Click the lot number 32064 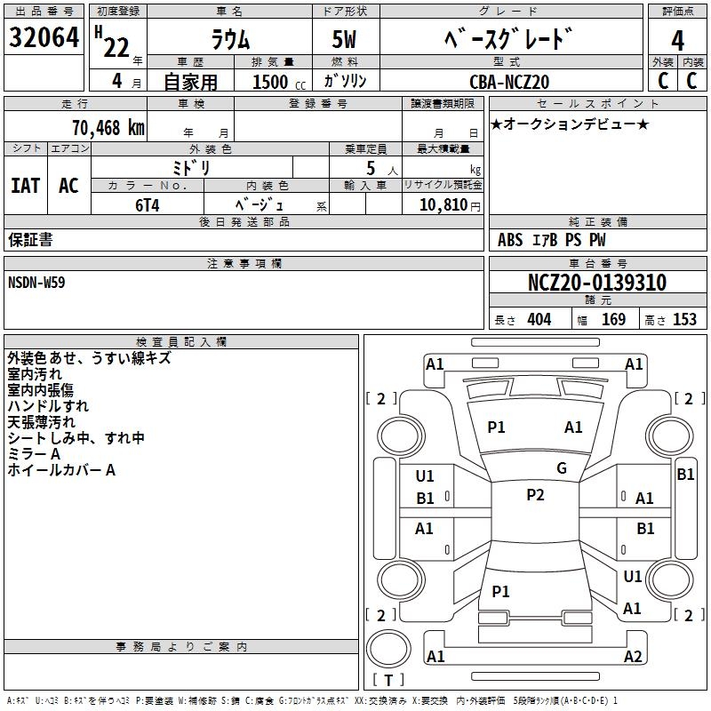44,38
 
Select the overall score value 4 677,40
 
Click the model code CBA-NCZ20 509,82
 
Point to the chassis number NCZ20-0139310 596,283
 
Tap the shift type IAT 26,186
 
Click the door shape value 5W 346,40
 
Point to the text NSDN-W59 36,282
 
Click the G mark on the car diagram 562,468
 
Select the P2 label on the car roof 535,495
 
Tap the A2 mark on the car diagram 633,657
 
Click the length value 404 539,320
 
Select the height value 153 684,320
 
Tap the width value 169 613,320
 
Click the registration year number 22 116,47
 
